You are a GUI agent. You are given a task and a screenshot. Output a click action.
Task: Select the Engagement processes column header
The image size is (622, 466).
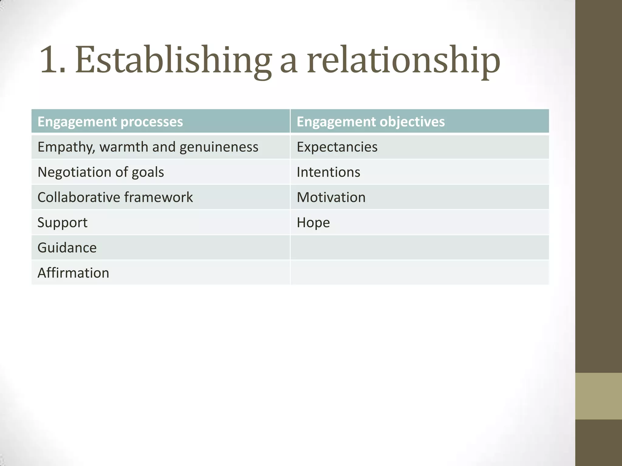pos(110,122)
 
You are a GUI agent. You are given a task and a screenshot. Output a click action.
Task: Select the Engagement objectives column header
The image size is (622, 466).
pos(371,122)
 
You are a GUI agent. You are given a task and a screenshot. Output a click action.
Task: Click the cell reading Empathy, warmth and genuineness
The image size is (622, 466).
pos(148,147)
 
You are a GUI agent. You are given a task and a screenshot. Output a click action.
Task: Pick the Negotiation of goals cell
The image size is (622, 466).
pos(101,172)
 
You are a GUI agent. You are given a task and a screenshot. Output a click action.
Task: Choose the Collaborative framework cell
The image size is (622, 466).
pos(115,198)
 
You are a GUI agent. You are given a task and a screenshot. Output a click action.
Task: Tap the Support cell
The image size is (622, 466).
pos(63,223)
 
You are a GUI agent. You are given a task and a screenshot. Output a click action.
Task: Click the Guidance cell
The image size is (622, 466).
pos(67,248)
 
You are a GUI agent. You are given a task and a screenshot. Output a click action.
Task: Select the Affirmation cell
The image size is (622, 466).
pos(73,273)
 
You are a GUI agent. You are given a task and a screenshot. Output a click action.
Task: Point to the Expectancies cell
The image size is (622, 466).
pos(337,147)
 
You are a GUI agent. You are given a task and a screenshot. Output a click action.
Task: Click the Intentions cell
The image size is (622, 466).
pos(328,172)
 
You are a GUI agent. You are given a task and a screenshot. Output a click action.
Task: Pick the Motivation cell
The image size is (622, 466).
pos(331,198)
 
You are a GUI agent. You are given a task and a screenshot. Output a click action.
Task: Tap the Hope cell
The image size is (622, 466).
pos(313,223)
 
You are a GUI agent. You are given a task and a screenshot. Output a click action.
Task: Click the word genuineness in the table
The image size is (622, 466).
pos(219,147)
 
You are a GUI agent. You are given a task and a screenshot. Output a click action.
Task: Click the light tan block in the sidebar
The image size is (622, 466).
pos(598,396)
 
